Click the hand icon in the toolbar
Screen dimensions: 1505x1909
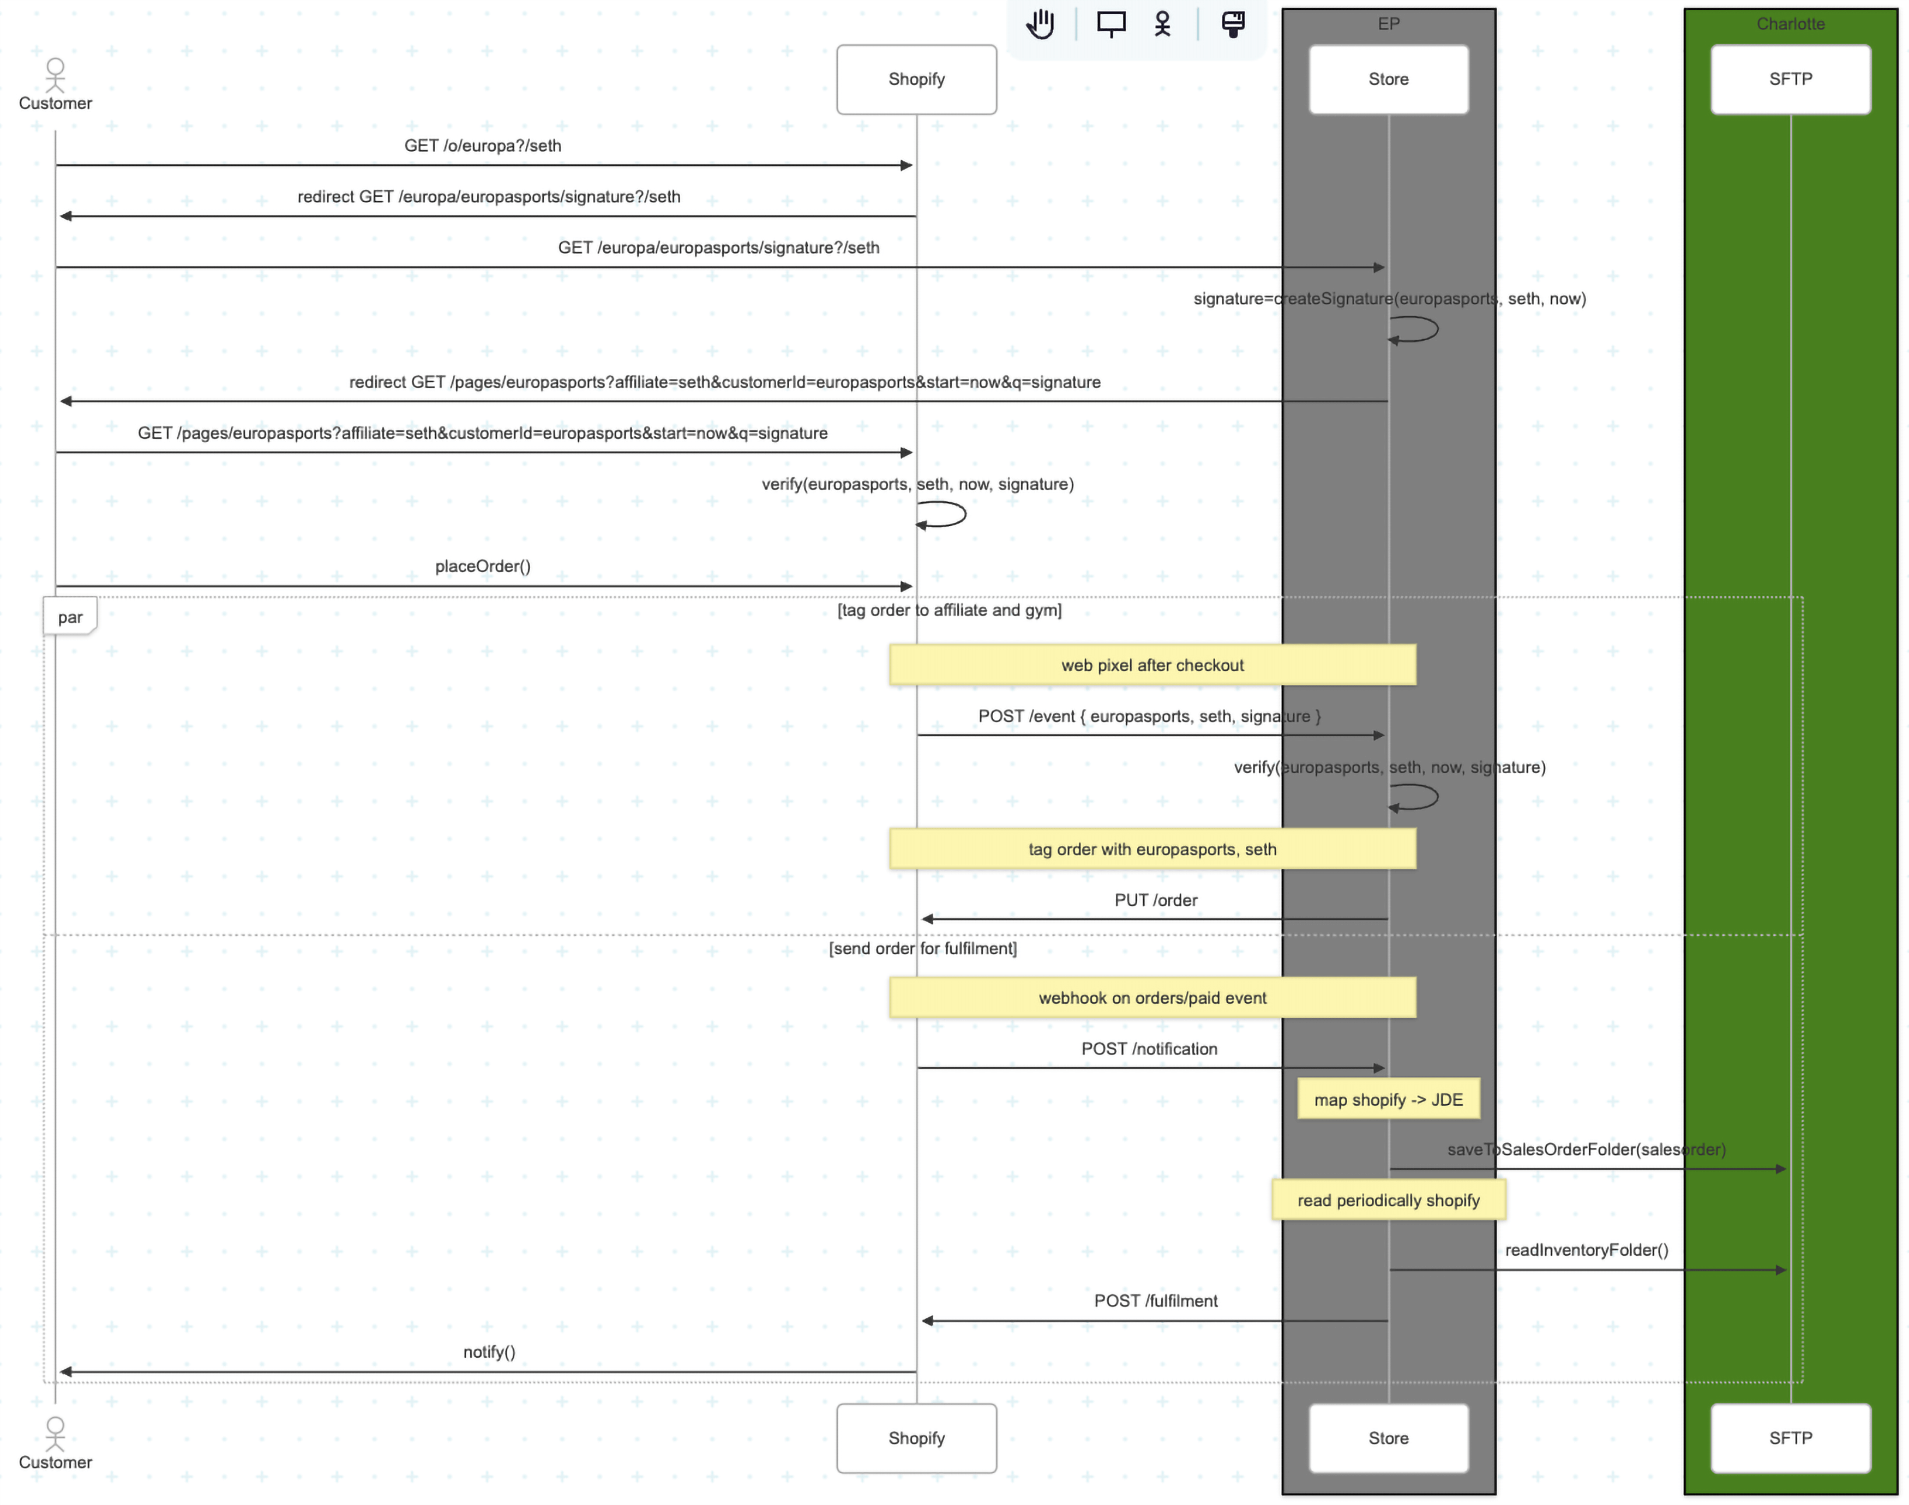point(1040,24)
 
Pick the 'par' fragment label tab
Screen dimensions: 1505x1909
point(70,617)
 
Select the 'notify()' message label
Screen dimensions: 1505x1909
point(489,1352)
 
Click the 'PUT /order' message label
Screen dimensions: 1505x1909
point(1155,900)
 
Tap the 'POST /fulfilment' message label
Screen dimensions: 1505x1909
point(1155,1301)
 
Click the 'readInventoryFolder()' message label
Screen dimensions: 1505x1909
point(1586,1249)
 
